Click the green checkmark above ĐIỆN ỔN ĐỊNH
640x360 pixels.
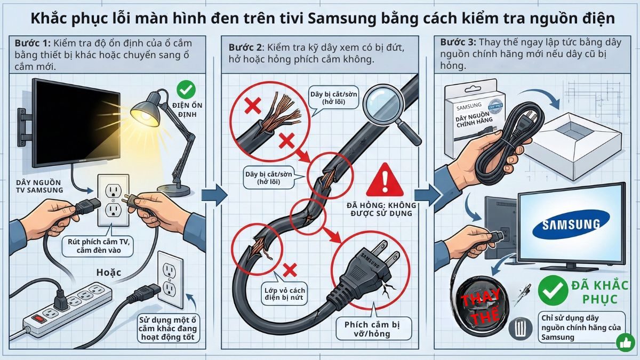[x=186, y=89]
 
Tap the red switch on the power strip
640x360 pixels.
[x=38, y=320]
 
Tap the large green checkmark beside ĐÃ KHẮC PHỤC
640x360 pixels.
[x=553, y=290]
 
